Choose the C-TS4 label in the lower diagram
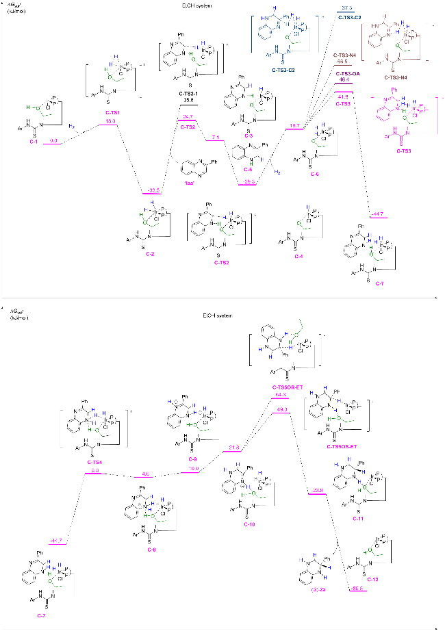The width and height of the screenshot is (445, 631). pos(95,462)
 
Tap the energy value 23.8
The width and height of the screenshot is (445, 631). pos(316,490)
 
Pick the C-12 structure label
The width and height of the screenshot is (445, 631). pos(375,579)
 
